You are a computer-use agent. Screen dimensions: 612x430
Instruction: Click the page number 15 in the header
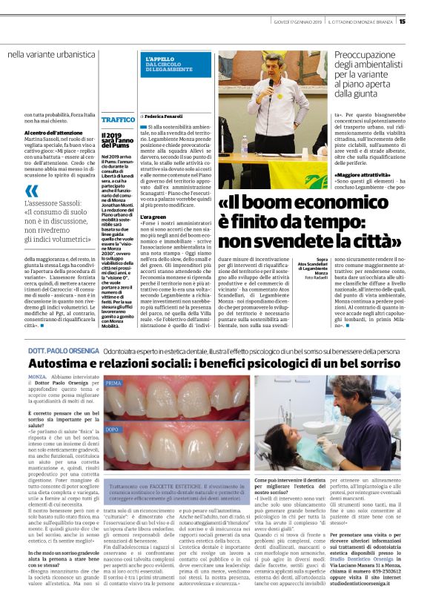423,21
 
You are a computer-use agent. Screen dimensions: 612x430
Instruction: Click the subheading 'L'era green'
153,217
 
